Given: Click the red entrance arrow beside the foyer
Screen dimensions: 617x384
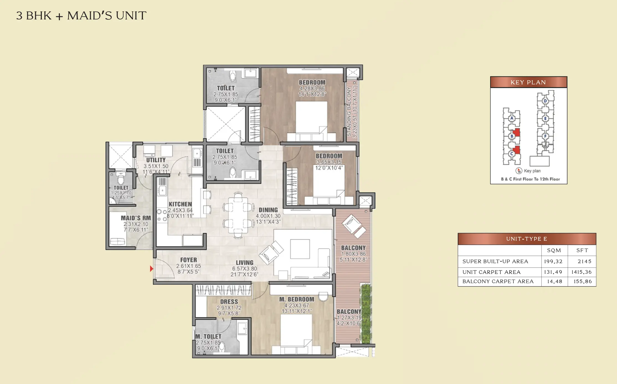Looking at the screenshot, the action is pos(151,268).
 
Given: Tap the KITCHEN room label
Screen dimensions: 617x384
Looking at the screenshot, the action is pos(180,204).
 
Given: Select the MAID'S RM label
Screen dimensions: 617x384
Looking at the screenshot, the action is pos(136,218).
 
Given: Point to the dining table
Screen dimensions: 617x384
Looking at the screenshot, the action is pos(238,215).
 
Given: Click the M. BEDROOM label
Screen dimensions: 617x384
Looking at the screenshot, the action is pos(297,299).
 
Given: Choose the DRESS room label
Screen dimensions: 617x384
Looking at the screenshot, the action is pos(229,302).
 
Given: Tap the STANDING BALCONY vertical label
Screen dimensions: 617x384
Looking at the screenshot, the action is pos(349,112).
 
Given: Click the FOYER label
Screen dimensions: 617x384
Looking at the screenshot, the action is pos(189,260).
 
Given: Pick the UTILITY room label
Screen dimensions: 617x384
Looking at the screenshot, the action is pos(156,160).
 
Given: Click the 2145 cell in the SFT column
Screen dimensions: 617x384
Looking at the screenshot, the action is pos(584,261).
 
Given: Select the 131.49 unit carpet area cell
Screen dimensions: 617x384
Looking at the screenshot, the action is pos(553,272).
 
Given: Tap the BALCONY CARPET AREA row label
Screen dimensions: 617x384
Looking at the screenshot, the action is pos(498,281).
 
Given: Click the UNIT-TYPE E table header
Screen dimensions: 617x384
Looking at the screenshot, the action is pos(526,239).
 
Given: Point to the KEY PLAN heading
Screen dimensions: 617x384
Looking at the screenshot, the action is pos(528,82).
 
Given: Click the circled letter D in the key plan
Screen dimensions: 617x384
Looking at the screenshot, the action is pos(545,101).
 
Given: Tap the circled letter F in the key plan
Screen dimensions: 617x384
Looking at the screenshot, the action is pos(545,136).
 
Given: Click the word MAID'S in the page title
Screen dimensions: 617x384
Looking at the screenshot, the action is pos(89,16).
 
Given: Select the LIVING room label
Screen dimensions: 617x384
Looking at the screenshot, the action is pos(245,262).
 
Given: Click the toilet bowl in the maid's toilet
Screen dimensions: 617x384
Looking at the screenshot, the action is pos(121,180).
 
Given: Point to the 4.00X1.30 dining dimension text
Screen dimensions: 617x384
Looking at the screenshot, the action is pos(268,216).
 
